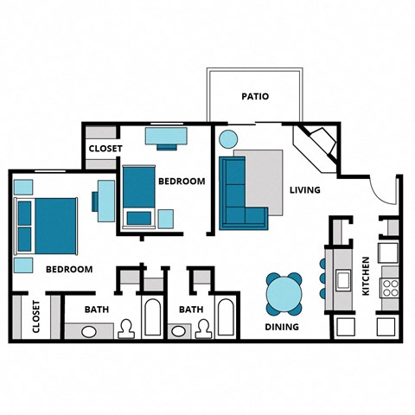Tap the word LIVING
click(x=304, y=190)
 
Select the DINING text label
click(x=282, y=327)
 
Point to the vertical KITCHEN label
click(x=366, y=276)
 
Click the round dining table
click(x=284, y=295)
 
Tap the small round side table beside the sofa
click(x=228, y=139)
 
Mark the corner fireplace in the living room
click(x=316, y=142)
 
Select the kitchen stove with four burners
click(x=389, y=284)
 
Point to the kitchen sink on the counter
click(x=342, y=279)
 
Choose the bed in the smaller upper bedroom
click(x=137, y=194)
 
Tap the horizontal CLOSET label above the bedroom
click(x=103, y=149)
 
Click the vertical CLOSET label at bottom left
click(x=35, y=316)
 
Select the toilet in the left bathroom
click(x=126, y=329)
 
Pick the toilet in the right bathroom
click(x=203, y=329)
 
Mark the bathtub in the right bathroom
click(x=227, y=318)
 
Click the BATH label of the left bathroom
click(x=96, y=309)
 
